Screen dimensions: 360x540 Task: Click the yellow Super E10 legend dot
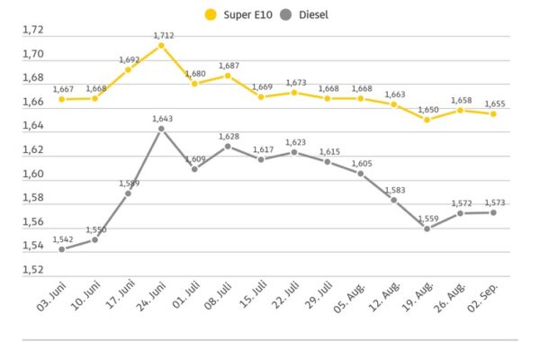point(211,14)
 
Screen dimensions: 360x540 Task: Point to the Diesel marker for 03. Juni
point(61,249)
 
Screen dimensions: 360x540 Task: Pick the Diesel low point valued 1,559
point(427,229)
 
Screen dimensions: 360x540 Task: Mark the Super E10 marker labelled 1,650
point(427,120)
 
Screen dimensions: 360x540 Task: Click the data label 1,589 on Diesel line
point(129,184)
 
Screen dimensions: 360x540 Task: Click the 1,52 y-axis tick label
point(33,270)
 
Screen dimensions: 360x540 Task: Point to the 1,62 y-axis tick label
point(33,150)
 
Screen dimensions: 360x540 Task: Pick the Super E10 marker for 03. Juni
point(61,99)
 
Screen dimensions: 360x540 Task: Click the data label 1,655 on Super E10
point(494,104)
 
